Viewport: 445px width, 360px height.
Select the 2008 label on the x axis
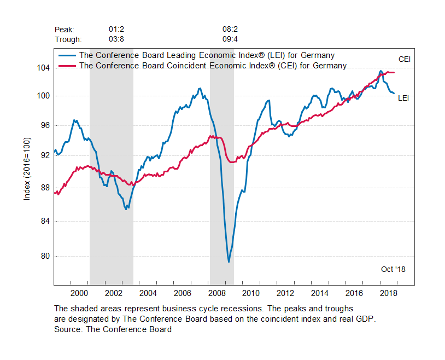tap(217, 293)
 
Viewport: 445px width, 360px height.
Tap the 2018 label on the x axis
tap(389, 293)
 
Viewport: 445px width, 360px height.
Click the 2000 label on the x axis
tap(79, 293)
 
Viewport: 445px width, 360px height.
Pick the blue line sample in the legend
tap(67, 55)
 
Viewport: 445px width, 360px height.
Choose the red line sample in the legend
tap(67, 66)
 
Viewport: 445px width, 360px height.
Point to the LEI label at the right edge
tap(403, 98)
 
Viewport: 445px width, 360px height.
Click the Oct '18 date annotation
tap(393, 269)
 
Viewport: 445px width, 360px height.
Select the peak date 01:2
tap(116, 29)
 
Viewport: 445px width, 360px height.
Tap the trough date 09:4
tap(230, 39)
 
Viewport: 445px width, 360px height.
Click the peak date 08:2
tap(230, 29)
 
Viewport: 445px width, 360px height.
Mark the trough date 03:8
tap(116, 39)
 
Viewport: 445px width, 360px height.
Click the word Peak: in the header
tap(65, 29)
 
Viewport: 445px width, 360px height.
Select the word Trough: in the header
tap(68, 39)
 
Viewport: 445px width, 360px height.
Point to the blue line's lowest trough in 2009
tap(229, 262)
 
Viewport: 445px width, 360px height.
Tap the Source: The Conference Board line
tap(113, 329)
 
